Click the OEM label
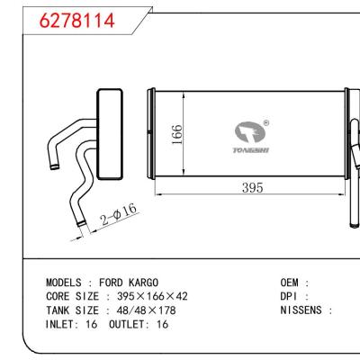click(x=294, y=283)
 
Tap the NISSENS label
click(x=306, y=310)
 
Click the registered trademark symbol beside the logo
click(x=265, y=124)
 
